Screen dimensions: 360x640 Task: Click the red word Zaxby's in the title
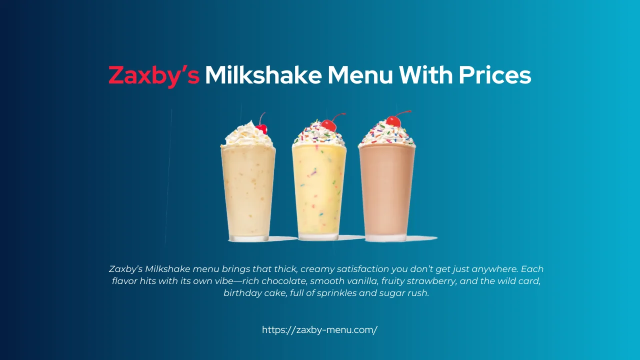(154, 75)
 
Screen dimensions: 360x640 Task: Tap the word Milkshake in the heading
(262, 75)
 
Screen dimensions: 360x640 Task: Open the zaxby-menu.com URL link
(319, 330)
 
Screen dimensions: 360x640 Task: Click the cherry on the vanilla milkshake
(261, 128)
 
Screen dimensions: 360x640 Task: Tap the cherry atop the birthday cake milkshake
(328, 125)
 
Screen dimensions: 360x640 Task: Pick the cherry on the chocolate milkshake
(393, 121)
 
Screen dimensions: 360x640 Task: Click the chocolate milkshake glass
(386, 192)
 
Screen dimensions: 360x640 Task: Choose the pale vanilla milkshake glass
(248, 192)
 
